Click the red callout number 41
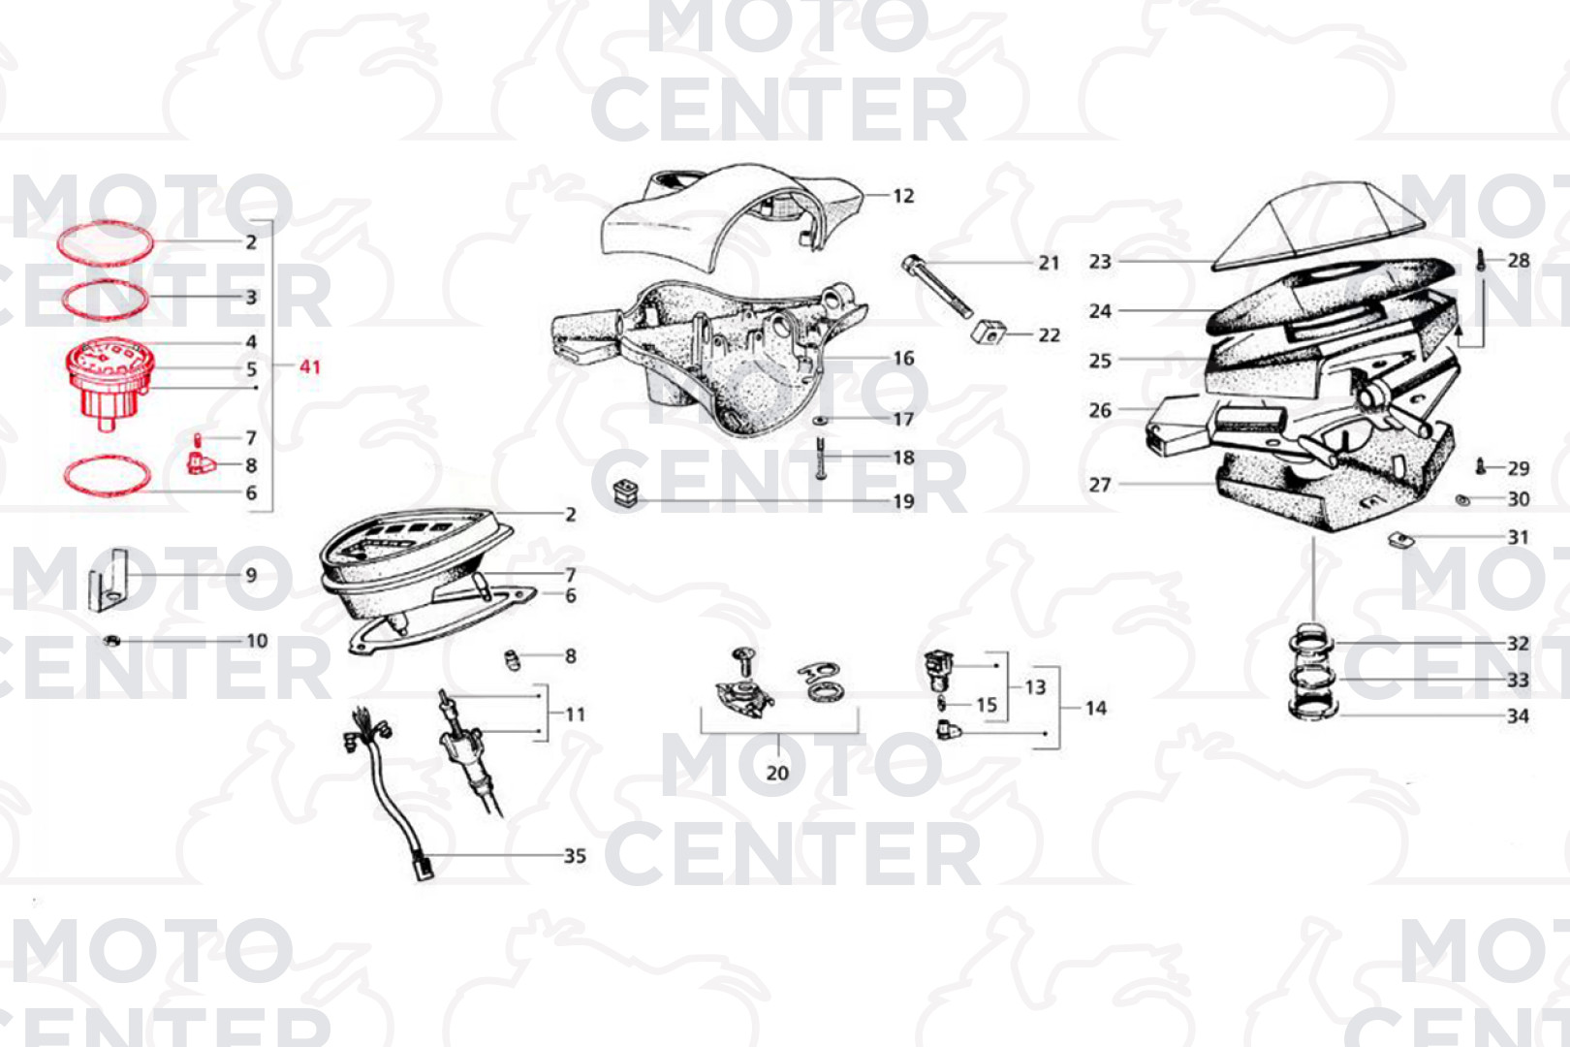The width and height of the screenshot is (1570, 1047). click(x=310, y=366)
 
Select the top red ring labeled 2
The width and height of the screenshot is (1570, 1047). click(x=105, y=241)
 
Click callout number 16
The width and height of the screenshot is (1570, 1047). click(x=903, y=359)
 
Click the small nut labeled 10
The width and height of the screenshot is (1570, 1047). click(x=112, y=641)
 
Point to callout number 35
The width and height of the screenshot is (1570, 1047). click(x=575, y=856)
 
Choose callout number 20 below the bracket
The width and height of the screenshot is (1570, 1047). click(x=777, y=773)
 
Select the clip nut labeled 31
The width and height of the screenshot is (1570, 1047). click(x=1398, y=538)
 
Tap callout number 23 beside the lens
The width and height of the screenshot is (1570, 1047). click(x=1100, y=262)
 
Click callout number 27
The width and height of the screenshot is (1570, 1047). click(x=1100, y=485)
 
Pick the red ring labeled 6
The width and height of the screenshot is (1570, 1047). click(x=107, y=476)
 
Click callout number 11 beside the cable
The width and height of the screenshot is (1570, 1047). click(x=576, y=714)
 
